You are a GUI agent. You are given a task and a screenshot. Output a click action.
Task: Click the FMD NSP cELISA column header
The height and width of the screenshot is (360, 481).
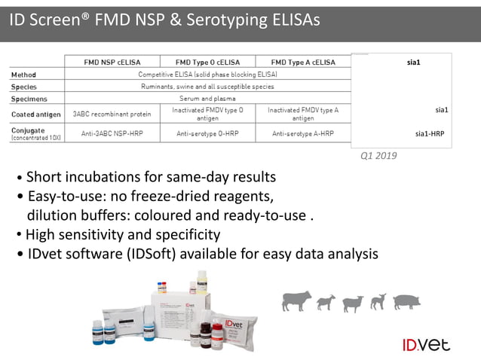point(112,62)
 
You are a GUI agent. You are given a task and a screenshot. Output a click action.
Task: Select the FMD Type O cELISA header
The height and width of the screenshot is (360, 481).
point(208,62)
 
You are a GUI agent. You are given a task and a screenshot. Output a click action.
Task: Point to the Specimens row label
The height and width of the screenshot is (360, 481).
point(29,99)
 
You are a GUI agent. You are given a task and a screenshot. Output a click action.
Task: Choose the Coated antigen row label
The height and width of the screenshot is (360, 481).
point(35,114)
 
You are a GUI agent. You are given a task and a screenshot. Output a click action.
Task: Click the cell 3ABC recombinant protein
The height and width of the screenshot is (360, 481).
point(112,114)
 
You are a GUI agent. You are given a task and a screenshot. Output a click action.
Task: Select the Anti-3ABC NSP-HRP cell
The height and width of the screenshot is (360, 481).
point(112,134)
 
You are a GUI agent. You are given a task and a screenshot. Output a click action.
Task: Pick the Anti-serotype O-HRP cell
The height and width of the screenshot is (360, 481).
point(208,134)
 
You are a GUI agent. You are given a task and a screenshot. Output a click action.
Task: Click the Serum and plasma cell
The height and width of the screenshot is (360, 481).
point(208,99)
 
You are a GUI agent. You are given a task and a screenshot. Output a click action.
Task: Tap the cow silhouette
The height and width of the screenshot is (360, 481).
point(296,301)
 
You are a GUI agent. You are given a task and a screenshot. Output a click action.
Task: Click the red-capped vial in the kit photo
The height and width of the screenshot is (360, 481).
point(218,329)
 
